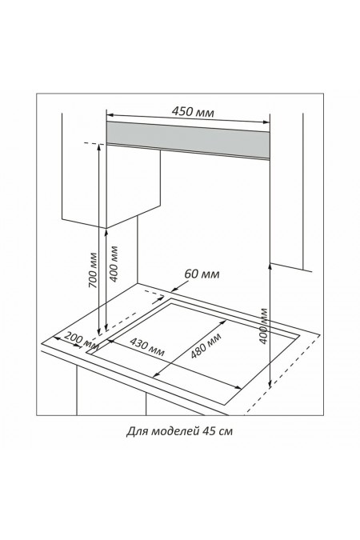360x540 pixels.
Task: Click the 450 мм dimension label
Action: pyautogui.click(x=193, y=112)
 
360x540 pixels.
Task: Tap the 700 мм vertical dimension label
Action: pyautogui.click(x=93, y=270)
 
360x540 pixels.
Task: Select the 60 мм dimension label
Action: pyautogui.click(x=202, y=274)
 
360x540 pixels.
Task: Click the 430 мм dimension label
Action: pyautogui.click(x=147, y=346)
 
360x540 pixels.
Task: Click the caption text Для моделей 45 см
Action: pyautogui.click(x=179, y=431)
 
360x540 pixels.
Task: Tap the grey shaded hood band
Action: pyautogui.click(x=188, y=139)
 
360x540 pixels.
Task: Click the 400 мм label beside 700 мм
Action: pyautogui.click(x=114, y=264)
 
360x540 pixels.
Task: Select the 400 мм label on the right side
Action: pyautogui.click(x=263, y=326)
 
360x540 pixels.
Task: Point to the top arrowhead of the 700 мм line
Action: pyautogui.click(x=99, y=147)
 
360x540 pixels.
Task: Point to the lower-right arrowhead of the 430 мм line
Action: pyautogui.click(x=238, y=387)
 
